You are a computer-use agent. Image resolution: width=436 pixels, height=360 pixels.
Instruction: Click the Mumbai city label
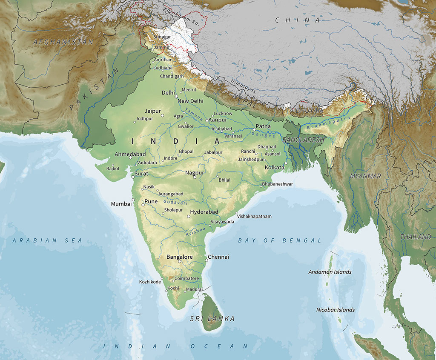121,204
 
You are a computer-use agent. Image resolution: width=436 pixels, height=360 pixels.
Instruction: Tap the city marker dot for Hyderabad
189,217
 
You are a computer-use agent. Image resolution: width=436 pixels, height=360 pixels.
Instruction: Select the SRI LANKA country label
212,319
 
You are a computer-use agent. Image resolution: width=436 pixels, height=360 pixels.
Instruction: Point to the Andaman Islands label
330,272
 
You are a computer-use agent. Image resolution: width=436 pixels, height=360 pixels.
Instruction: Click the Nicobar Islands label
335,310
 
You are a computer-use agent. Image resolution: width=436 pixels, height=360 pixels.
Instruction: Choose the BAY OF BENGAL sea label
280,240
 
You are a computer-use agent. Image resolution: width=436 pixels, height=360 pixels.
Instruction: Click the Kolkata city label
274,168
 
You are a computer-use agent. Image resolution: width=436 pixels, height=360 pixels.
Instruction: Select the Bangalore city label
179,257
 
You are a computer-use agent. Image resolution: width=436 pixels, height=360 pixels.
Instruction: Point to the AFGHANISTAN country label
63,42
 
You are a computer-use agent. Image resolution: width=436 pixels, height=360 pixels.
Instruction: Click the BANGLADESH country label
303,140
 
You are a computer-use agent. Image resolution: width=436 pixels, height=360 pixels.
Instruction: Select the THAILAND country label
416,237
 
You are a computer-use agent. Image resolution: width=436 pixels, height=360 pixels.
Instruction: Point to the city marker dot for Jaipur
162,115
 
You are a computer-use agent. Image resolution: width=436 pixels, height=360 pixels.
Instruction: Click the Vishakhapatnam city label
254,216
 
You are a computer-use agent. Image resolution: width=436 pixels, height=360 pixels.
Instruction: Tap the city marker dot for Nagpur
195,177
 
